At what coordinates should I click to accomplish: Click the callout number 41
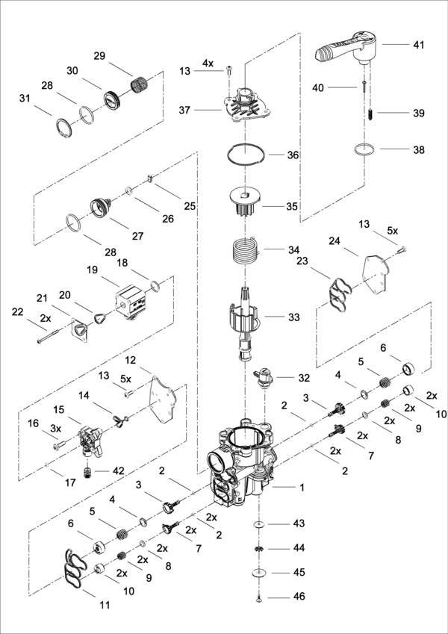pos(418,45)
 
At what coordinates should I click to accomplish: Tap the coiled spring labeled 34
pos(245,249)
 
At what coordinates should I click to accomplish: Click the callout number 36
pos(293,155)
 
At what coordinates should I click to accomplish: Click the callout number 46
pos(299,598)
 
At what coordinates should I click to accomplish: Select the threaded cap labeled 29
pos(138,84)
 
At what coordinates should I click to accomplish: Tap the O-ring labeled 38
pos(364,149)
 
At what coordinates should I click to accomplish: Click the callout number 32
pos(303,378)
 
